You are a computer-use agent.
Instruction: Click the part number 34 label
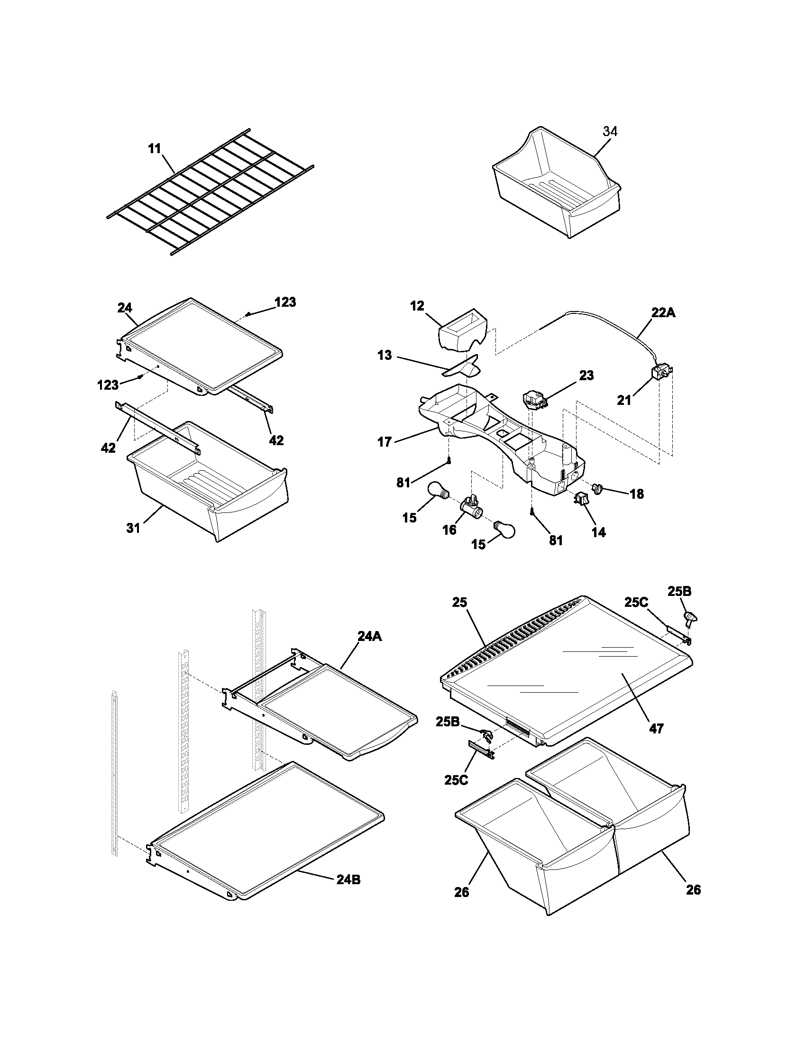pyautogui.click(x=610, y=131)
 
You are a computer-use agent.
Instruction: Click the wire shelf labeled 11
pyautogui.click(x=210, y=191)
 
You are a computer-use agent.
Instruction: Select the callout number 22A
pyautogui.click(x=663, y=313)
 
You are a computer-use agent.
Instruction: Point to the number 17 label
pyautogui.click(x=385, y=442)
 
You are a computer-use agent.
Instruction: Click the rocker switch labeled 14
pyautogui.click(x=581, y=500)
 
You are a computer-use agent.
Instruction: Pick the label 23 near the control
pyautogui.click(x=586, y=375)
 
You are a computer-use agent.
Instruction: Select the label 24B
pyautogui.click(x=348, y=879)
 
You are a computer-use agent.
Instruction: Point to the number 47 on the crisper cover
pyautogui.click(x=656, y=728)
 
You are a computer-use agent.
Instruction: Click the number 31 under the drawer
pyautogui.click(x=133, y=528)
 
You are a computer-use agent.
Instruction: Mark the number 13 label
pyautogui.click(x=385, y=355)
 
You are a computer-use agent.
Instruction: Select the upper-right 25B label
pyautogui.click(x=679, y=591)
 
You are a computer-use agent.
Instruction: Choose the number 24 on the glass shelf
pyautogui.click(x=125, y=308)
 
